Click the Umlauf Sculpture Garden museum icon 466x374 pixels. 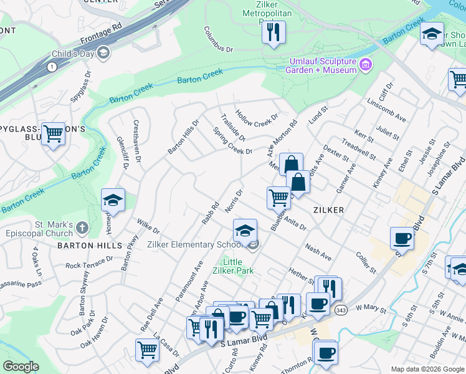click(x=366, y=64)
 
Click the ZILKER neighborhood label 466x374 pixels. click(x=329, y=210)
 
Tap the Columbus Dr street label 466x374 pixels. click(x=219, y=39)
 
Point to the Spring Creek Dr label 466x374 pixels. click(x=232, y=141)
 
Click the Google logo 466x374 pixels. click(x=21, y=367)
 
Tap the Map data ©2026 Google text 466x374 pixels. click(x=427, y=369)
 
